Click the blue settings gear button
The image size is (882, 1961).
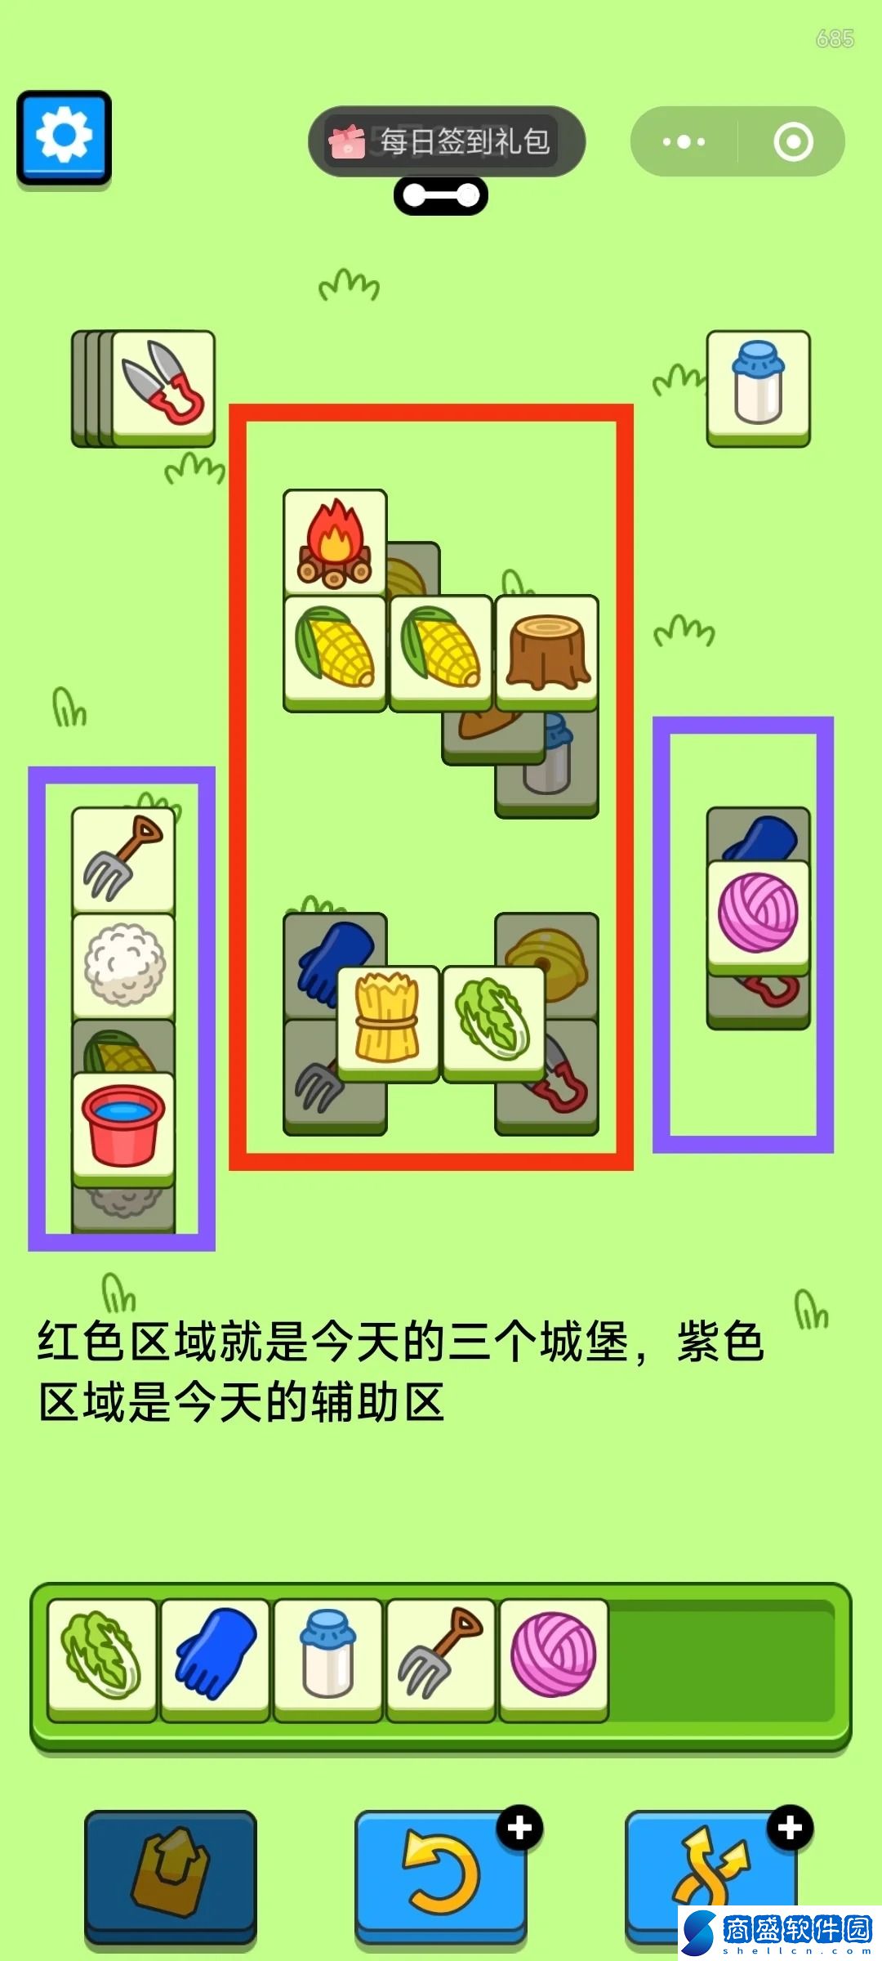[x=64, y=137]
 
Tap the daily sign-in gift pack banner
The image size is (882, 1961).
[x=446, y=141]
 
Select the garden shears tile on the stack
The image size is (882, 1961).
[x=163, y=387]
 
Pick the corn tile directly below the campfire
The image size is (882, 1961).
[x=335, y=652]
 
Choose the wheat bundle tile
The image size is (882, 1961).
[x=388, y=1024]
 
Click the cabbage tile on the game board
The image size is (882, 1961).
[x=494, y=1024]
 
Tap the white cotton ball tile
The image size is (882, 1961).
[x=123, y=967]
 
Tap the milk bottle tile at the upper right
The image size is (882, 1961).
[x=758, y=387]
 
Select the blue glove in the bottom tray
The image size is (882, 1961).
[x=216, y=1659]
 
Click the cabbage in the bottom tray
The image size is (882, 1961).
[x=102, y=1659]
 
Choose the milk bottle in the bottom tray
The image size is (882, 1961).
[x=328, y=1659]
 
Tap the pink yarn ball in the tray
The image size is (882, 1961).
[x=554, y=1659]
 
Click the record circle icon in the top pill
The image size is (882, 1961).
[x=793, y=141]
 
